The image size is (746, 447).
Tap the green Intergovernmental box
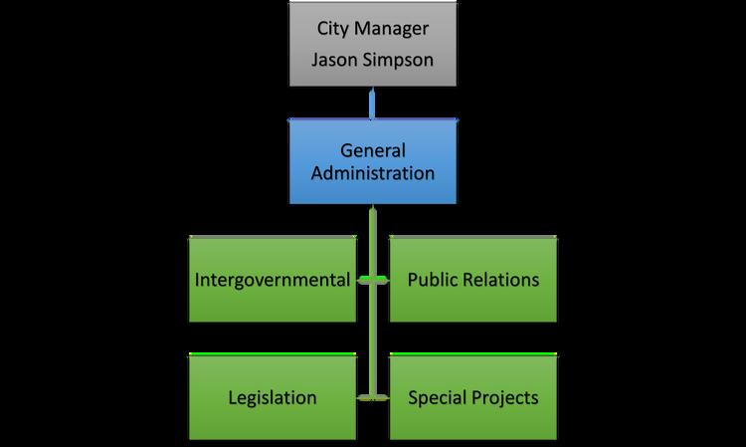[274, 280]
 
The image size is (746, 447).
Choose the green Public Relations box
[472, 280]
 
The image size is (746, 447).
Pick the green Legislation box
[274, 397]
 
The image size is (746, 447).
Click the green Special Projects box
[472, 397]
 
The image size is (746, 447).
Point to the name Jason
[333, 59]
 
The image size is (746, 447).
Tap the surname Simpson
[398, 59]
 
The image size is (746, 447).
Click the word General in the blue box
[373, 150]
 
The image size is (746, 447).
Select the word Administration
[373, 172]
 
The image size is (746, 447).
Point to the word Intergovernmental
[274, 280]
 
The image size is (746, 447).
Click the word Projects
[505, 398]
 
